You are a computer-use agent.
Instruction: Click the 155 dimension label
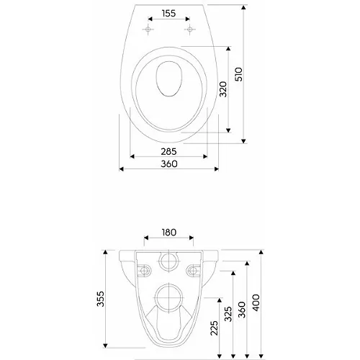click(168, 12)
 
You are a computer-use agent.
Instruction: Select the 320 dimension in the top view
click(223, 89)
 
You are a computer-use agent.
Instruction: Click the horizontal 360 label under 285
click(169, 164)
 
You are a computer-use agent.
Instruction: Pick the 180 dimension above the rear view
click(168, 232)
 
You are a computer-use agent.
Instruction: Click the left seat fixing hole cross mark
click(148, 29)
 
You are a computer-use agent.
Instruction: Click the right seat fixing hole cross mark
click(190, 29)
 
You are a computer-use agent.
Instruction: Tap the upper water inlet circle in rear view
click(169, 261)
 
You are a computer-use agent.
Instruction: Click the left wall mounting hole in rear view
click(143, 271)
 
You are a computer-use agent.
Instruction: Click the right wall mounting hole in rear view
click(194, 271)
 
